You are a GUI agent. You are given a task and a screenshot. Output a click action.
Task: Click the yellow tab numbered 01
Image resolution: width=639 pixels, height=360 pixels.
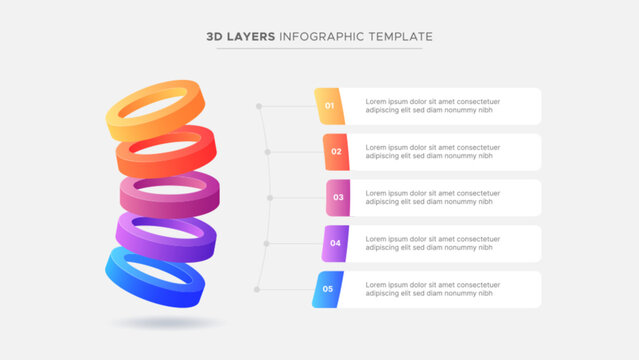coord(330,106)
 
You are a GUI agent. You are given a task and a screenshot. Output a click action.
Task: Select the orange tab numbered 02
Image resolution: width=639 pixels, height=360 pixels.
coord(336,152)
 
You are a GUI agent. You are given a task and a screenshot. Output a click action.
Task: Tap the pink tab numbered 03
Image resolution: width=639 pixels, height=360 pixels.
coord(338,198)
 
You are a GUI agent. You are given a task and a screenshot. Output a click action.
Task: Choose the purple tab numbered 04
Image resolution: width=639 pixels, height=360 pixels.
coord(335,243)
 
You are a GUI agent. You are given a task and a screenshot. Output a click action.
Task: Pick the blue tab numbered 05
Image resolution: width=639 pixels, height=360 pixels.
coord(328,289)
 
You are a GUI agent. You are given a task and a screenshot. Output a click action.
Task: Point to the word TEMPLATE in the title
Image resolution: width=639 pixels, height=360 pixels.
coord(398,36)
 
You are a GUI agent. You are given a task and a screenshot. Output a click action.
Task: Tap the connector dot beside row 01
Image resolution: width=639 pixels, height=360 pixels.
coord(259,105)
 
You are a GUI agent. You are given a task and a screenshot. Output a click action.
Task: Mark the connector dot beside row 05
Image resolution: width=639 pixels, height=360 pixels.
coord(257,289)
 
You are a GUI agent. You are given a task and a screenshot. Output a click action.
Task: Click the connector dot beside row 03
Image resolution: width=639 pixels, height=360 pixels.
coord(271,198)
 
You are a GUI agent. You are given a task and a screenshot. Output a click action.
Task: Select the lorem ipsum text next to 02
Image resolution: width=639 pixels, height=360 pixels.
coord(432,152)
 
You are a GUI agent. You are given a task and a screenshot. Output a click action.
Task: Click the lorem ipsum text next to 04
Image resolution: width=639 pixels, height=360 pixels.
coord(432,243)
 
